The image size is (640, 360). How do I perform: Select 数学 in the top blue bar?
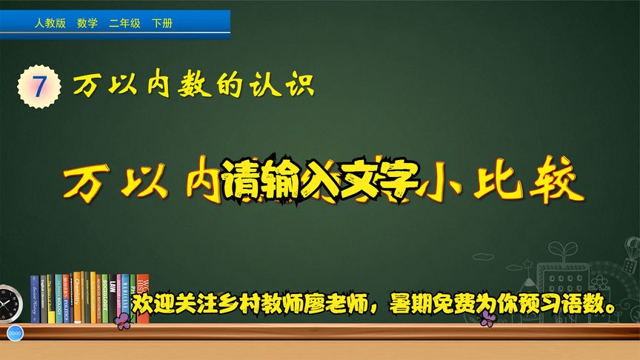click(x=87, y=24)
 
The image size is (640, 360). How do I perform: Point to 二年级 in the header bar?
click(x=124, y=24)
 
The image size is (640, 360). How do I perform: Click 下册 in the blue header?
click(x=161, y=24)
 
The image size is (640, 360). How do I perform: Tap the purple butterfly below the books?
click(x=123, y=319)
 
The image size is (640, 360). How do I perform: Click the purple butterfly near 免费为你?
click(x=487, y=319)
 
